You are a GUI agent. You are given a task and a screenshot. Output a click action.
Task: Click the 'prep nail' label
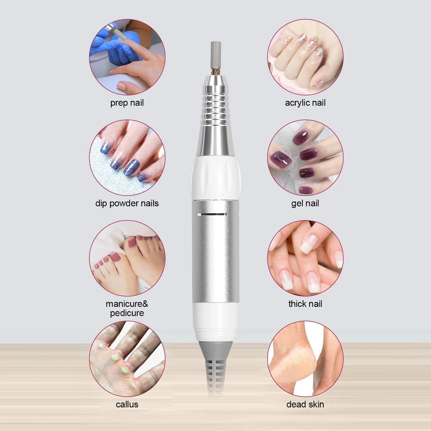(x=127, y=103)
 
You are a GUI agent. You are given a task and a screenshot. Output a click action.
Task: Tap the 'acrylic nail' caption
(x=305, y=103)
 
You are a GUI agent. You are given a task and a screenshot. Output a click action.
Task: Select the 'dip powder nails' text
(x=127, y=203)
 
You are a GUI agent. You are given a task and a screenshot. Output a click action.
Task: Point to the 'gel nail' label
(x=305, y=203)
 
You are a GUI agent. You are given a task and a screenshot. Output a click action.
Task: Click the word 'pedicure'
(x=127, y=313)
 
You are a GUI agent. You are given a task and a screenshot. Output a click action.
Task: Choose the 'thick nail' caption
(x=305, y=304)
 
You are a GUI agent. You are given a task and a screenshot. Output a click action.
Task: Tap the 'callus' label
(x=127, y=404)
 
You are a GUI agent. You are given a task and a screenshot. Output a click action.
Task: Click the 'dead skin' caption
(x=305, y=404)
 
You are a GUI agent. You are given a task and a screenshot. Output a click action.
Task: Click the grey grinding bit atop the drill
(x=216, y=56)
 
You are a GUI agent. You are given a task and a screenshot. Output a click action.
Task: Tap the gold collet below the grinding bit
(x=216, y=72)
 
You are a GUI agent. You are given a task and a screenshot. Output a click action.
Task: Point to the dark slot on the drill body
(x=212, y=214)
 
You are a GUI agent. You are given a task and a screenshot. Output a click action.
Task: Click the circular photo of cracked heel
(x=305, y=359)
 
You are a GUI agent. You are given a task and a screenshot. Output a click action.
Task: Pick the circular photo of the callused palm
(x=127, y=359)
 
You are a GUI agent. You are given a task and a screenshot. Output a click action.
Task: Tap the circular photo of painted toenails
(x=127, y=258)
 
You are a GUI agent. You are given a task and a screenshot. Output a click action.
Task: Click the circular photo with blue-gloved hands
(x=127, y=57)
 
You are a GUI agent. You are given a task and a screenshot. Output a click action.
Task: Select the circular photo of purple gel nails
(x=305, y=157)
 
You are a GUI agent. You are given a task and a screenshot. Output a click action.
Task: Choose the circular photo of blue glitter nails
(x=127, y=157)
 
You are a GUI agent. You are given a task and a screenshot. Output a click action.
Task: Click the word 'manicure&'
(x=127, y=304)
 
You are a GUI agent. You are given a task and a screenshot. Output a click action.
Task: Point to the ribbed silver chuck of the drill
(x=216, y=104)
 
